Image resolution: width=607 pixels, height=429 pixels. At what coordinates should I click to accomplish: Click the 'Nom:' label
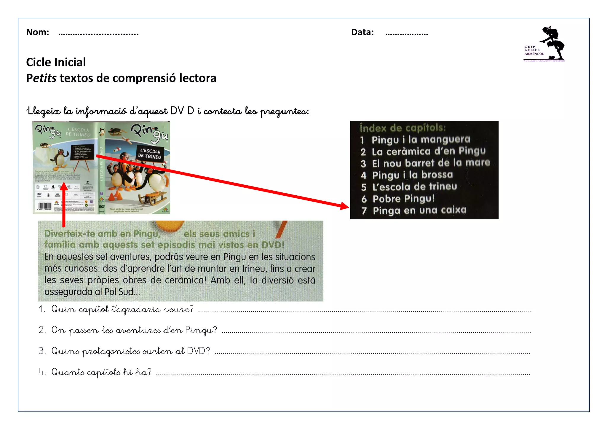37,32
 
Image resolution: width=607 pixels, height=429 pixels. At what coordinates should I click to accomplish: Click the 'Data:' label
362,32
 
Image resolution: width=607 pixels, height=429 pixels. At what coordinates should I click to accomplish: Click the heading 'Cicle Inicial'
56,62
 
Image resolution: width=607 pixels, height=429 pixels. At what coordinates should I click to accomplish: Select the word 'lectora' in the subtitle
198,78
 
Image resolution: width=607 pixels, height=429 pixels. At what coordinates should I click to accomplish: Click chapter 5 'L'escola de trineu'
414,187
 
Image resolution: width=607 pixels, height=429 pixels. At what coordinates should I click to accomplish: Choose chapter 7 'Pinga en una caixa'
419,210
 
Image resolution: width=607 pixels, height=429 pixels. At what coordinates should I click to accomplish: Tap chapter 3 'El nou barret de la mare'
431,163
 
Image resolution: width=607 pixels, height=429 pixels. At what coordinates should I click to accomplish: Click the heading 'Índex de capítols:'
402,128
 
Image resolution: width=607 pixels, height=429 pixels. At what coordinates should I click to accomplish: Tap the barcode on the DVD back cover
45,205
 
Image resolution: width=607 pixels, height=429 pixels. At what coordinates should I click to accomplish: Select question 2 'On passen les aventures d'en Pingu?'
134,330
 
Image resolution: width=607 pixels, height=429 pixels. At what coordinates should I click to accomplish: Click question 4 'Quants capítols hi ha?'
101,372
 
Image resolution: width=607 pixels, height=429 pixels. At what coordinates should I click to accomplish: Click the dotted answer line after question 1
365,311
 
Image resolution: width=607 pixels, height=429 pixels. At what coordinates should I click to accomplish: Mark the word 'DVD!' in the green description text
272,245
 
